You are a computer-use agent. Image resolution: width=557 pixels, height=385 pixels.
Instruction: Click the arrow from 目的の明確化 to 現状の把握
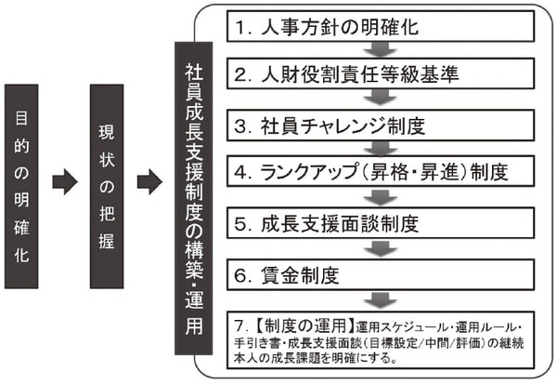coord(66,182)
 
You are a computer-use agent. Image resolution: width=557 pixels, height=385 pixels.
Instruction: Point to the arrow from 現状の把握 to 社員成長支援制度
coord(149,182)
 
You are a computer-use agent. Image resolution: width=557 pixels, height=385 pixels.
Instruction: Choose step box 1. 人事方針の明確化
coord(377,25)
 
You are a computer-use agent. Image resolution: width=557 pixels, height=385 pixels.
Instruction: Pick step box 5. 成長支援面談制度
coord(377,224)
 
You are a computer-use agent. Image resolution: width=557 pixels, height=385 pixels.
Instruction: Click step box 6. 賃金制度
coord(377,274)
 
